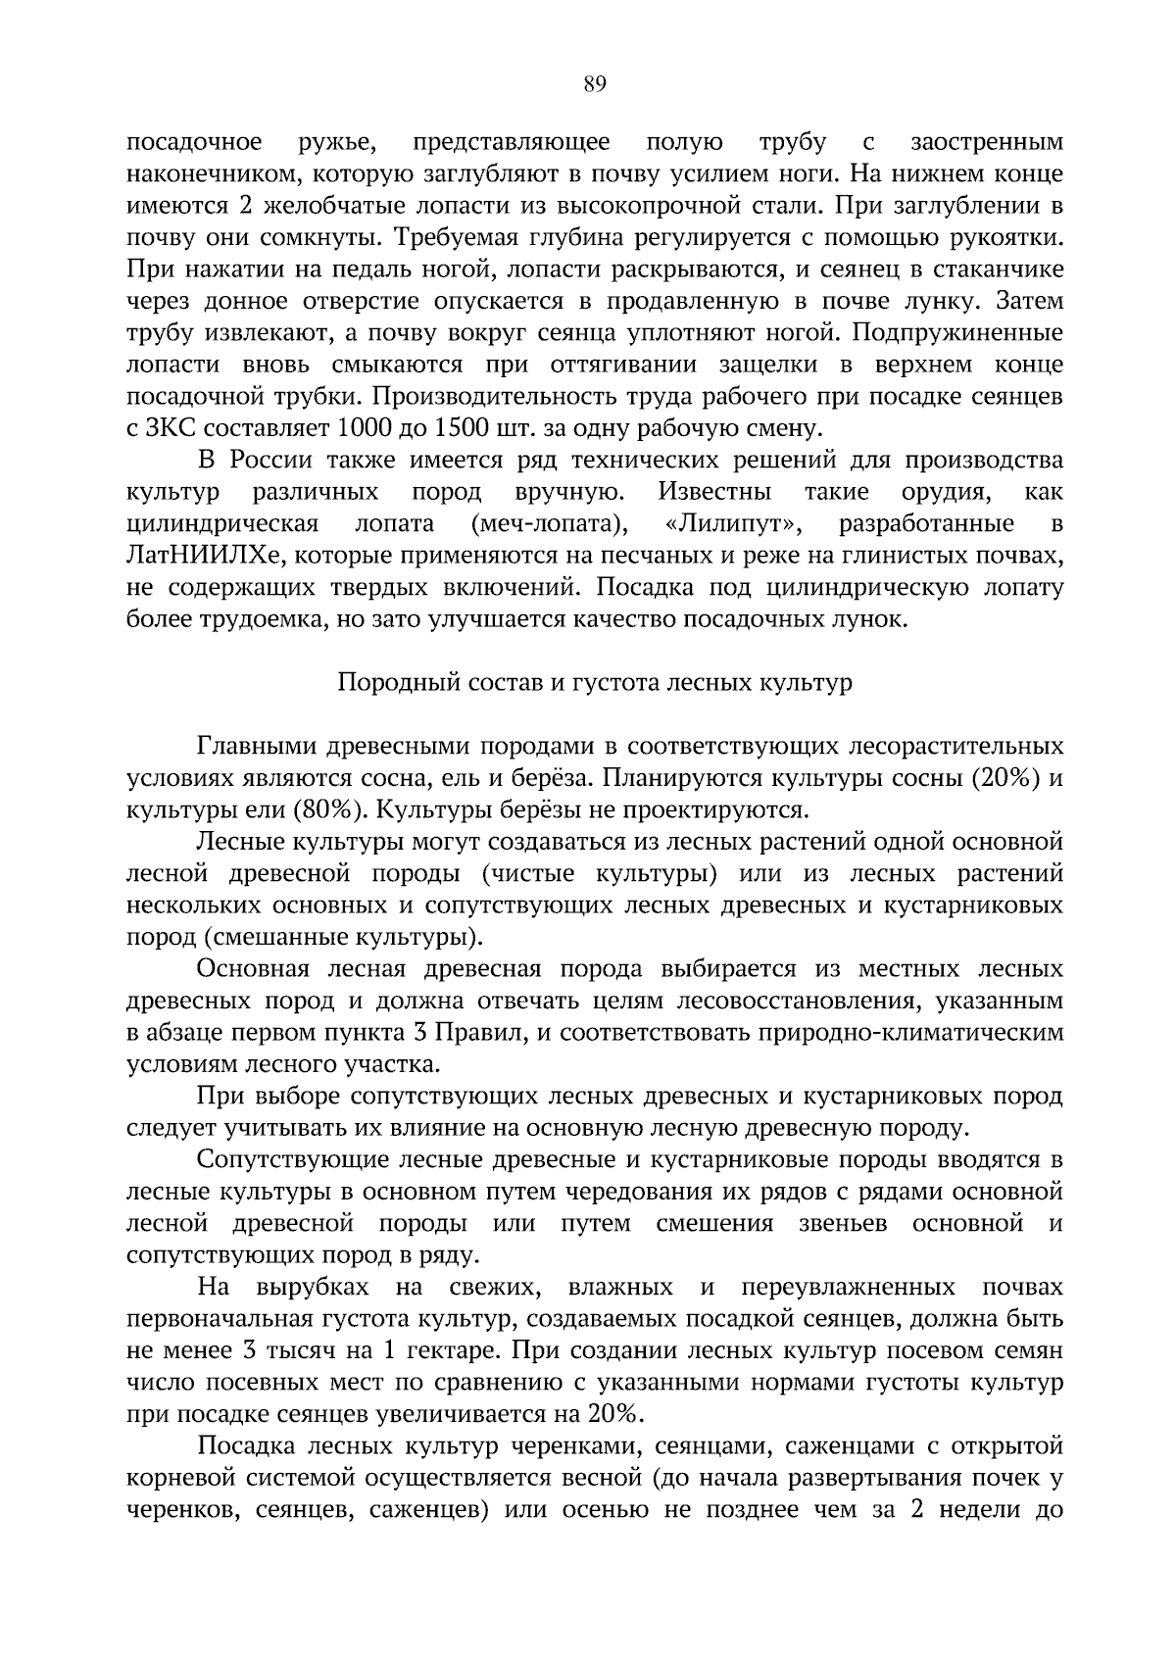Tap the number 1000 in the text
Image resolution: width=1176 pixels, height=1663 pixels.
[365, 429]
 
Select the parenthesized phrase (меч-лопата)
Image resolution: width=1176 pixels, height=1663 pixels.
[550, 524]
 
